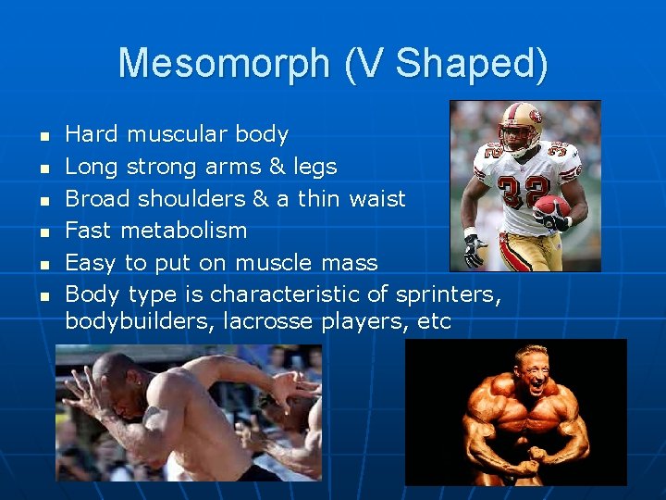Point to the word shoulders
pos(191,198)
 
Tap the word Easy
pos(90,262)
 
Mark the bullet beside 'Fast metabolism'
pos(43,231)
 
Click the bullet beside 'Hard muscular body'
pos(43,136)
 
